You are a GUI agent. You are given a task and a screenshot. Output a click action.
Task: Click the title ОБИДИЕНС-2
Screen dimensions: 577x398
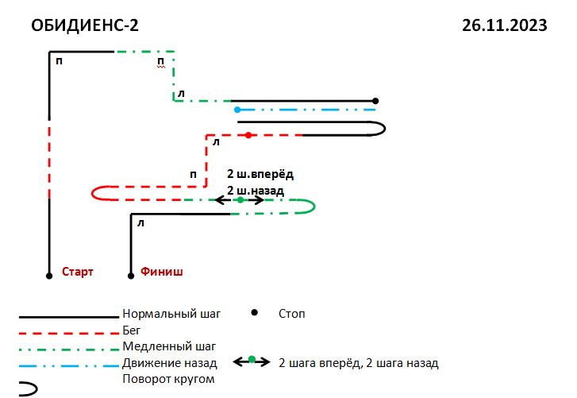[x=85, y=25]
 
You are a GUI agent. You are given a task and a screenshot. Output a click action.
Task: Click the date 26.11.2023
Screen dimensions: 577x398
[x=505, y=25]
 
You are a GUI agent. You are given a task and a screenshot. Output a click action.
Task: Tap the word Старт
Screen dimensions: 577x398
[x=77, y=272]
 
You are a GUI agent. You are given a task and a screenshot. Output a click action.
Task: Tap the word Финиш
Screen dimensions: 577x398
[x=162, y=272]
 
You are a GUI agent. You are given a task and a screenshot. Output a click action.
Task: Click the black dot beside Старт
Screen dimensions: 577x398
[x=49, y=276]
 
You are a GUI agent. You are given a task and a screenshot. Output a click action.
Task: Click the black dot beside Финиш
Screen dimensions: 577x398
[x=131, y=276]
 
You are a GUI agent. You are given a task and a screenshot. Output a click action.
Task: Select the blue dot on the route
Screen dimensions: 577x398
[x=237, y=110]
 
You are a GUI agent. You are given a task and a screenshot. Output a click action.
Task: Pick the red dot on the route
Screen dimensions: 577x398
[x=248, y=135]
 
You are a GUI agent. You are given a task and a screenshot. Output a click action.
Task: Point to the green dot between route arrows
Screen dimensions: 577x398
[x=240, y=200]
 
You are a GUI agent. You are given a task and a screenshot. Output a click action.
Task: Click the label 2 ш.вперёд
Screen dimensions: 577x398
[x=260, y=174]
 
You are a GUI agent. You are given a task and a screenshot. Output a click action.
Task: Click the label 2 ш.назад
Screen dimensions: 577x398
[x=256, y=191]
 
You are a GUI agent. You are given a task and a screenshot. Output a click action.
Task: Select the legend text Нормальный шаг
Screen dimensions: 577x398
[x=171, y=314]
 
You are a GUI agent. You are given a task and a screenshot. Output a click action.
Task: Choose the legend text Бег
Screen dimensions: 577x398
[x=132, y=330]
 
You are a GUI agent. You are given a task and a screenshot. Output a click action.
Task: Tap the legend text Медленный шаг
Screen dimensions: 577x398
[x=169, y=346]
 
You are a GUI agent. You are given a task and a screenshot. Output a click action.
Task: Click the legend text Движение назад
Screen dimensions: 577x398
[x=170, y=363]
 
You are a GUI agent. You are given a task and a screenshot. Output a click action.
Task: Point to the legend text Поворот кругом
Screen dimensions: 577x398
[x=168, y=379]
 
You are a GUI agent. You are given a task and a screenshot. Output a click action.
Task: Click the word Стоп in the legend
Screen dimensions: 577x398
[x=292, y=314]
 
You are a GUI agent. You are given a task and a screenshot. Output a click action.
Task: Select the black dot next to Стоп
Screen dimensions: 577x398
[x=254, y=312]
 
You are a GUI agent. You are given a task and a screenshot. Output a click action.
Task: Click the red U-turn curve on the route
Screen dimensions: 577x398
[x=92, y=193]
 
